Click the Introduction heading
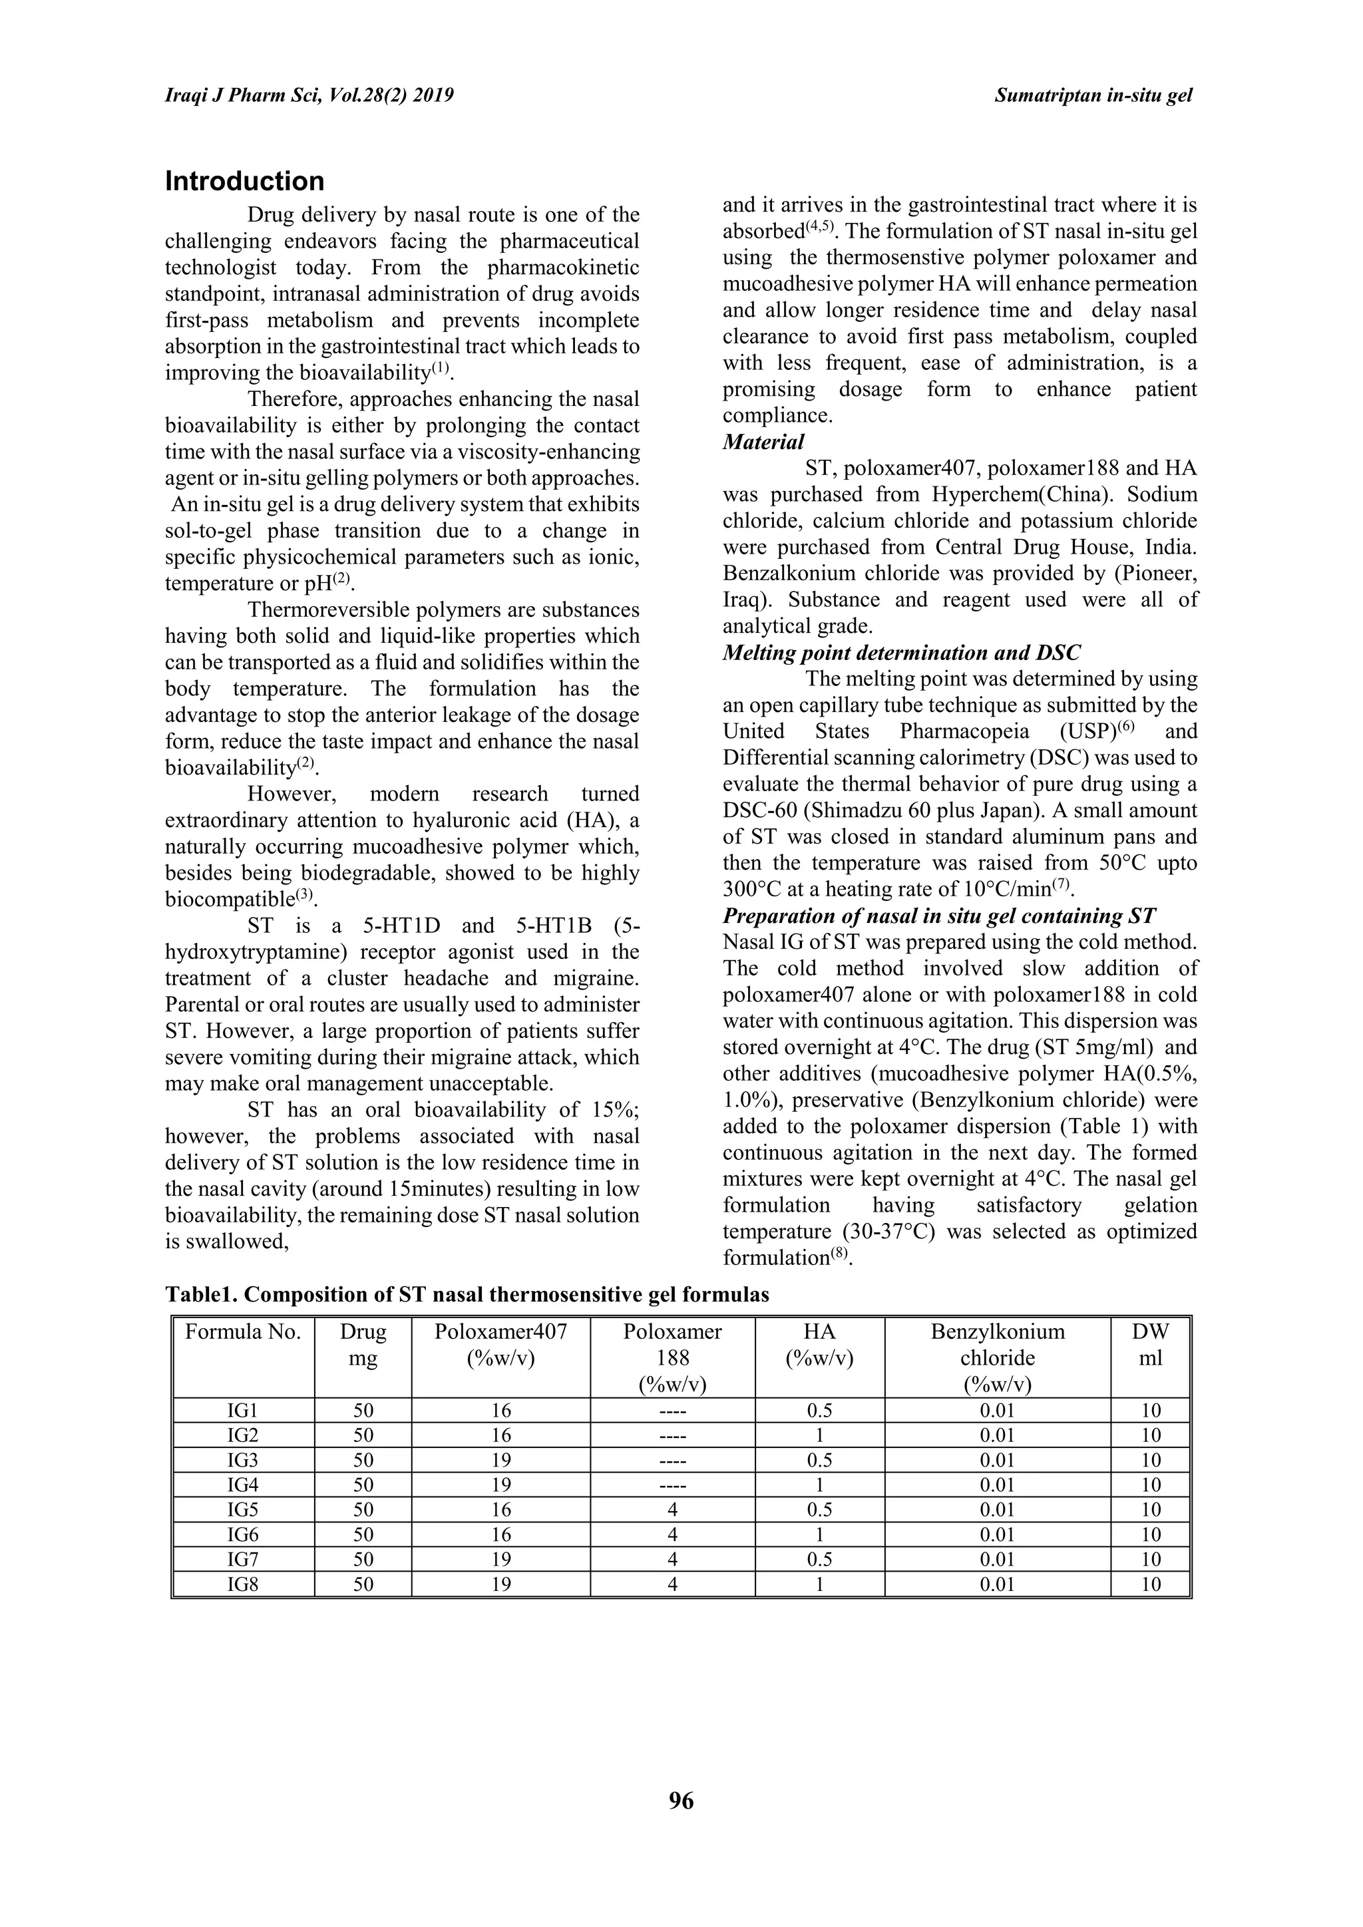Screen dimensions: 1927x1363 coord(244,181)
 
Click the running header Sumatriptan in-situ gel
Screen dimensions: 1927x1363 coord(1093,96)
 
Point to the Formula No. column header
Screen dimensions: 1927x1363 coord(242,1332)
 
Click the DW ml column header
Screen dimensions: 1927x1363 coord(1150,1345)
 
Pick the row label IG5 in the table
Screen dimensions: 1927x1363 coord(242,1510)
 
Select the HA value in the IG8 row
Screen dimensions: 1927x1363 coord(819,1584)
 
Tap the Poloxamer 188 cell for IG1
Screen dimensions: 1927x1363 coord(672,1411)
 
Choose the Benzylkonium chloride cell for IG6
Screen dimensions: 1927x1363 coord(997,1535)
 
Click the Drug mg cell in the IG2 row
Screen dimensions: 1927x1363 coord(363,1435)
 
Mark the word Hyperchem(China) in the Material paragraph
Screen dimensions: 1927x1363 coord(1026,494)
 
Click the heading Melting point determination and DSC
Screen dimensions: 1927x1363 coord(901,652)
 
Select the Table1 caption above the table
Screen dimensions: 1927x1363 coord(467,1294)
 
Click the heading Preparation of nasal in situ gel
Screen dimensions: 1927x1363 coord(938,916)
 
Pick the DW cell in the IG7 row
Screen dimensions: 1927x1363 coord(1150,1560)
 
